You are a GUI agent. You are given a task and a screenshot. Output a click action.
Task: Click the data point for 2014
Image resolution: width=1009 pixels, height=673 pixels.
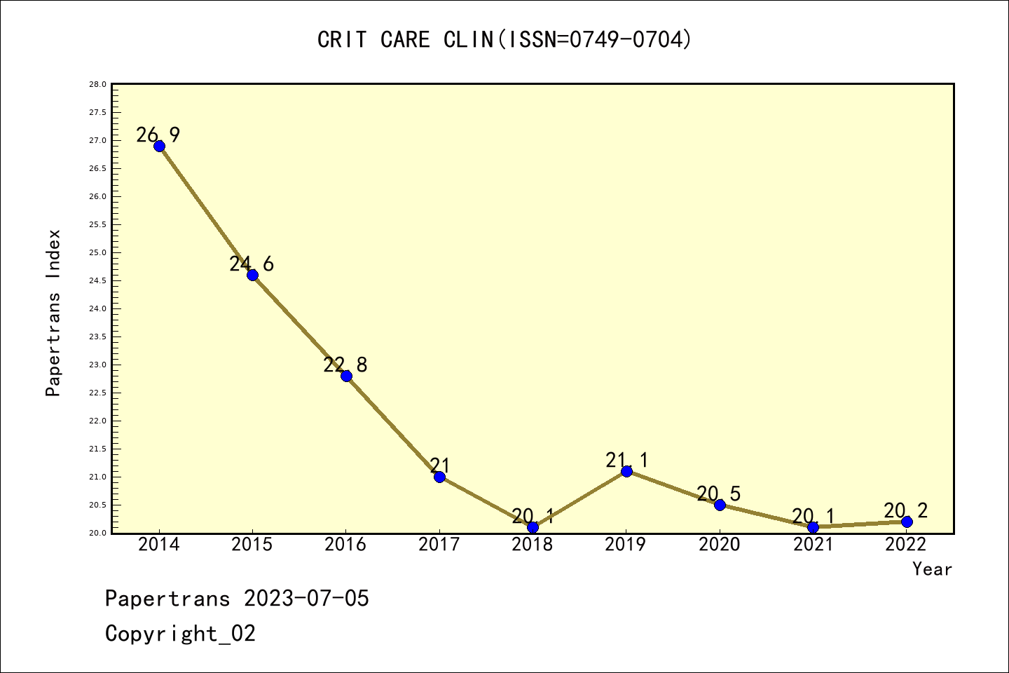[159, 146]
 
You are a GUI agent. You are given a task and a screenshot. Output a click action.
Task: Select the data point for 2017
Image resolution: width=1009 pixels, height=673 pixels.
[439, 477]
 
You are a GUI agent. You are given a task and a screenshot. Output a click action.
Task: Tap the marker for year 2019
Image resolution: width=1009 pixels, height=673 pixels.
[626, 471]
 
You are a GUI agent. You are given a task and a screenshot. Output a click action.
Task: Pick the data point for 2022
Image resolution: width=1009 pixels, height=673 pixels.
[907, 522]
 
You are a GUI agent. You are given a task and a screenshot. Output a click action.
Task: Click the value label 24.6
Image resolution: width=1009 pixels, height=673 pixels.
[252, 264]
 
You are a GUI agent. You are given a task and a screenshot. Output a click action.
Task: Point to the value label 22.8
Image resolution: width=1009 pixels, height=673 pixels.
[345, 365]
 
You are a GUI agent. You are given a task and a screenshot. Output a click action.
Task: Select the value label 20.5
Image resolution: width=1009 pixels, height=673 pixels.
[719, 494]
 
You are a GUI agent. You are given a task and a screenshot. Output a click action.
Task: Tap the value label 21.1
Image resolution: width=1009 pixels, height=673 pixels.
[627, 461]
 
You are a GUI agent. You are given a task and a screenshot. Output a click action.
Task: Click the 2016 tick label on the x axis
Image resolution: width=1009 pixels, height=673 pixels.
[345, 545]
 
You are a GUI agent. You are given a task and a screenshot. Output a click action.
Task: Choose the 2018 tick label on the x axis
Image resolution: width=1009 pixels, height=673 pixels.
[533, 545]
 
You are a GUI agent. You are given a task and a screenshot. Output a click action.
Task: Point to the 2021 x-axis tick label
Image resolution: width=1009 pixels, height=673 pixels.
[813, 545]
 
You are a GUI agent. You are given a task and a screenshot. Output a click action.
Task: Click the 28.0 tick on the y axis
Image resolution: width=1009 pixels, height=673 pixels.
[97, 85]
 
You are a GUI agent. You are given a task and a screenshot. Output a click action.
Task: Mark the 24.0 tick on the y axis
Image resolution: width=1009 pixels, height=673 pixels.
[97, 309]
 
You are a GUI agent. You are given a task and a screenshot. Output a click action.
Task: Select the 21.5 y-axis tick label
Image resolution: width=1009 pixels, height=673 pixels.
[97, 449]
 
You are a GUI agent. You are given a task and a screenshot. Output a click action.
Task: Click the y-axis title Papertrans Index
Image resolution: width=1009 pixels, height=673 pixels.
[53, 313]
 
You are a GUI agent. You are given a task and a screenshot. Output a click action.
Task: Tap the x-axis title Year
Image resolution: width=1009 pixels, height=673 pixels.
[932, 569]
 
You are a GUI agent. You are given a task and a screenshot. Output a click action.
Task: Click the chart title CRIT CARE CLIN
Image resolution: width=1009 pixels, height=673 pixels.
[504, 40]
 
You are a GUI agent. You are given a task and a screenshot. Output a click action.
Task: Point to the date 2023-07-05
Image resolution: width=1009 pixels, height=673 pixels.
[306, 599]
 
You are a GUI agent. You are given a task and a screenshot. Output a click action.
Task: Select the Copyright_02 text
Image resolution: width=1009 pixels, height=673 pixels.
[181, 634]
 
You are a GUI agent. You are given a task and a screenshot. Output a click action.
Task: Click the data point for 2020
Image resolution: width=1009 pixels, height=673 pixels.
[720, 505]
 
